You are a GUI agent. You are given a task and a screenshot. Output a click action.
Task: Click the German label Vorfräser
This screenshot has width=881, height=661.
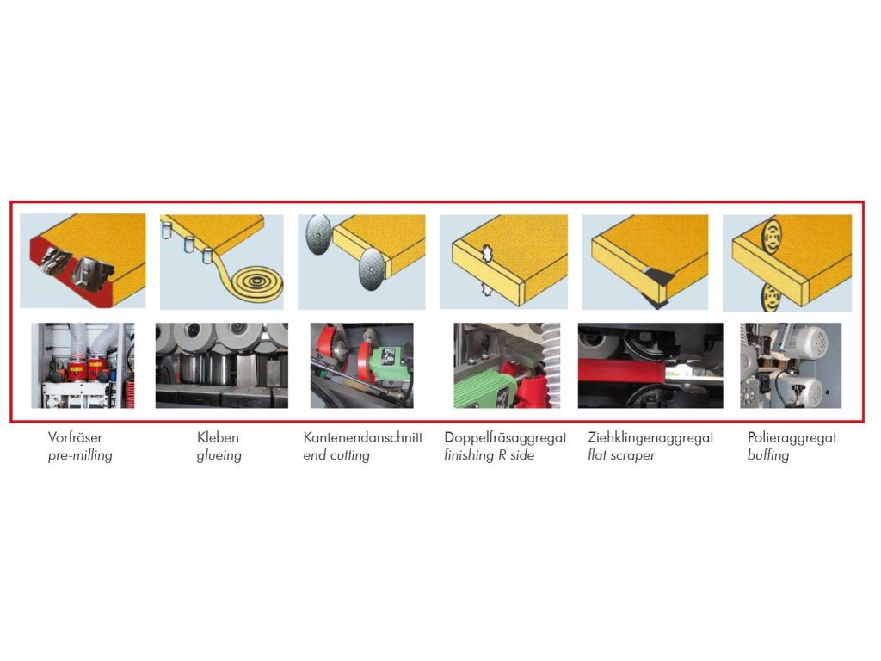[x=76, y=437]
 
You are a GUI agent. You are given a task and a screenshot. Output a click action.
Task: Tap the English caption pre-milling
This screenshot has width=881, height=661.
[x=80, y=455]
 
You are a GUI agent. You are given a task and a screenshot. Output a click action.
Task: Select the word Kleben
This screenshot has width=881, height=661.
[x=218, y=437]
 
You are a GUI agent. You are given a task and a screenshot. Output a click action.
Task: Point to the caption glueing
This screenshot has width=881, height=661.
[x=219, y=456]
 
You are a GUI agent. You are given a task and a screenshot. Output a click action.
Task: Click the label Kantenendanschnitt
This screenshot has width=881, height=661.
[x=363, y=437]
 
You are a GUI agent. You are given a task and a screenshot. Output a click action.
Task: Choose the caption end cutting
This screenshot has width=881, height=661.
[x=336, y=456]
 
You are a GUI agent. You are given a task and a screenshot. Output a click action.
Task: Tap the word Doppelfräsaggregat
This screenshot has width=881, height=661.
[x=506, y=438]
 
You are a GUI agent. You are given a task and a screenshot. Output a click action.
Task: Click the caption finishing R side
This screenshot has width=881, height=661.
[x=490, y=455]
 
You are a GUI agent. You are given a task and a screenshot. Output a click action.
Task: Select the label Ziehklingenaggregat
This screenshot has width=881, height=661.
[x=650, y=438]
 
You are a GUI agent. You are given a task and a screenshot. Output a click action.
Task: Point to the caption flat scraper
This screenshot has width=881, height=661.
[x=621, y=455]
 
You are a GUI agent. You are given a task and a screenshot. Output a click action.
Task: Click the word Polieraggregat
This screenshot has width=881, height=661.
[x=792, y=438]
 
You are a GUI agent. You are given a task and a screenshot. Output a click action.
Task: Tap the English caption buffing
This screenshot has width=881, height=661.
[x=768, y=456]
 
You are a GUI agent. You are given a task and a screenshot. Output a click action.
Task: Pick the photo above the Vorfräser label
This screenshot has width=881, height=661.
[x=83, y=365]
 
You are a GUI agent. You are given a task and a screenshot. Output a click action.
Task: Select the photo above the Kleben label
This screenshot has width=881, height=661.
[x=222, y=365]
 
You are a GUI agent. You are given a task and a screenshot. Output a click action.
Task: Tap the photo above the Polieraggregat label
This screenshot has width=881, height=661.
[x=791, y=365]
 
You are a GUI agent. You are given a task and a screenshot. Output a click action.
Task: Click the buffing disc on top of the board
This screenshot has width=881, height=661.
[x=770, y=235]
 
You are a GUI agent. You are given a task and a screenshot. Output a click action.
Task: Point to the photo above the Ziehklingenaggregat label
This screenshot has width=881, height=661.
[x=650, y=365]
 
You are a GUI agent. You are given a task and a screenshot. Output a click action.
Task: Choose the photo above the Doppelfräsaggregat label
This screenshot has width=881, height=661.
[x=507, y=365]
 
